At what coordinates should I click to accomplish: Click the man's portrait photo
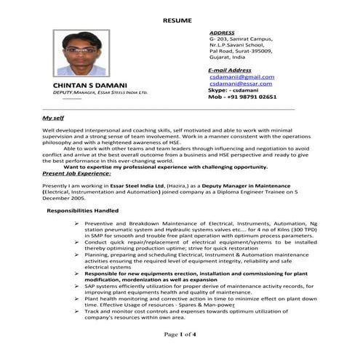79,52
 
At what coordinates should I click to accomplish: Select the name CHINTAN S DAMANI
87,86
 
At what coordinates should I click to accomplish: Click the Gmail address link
241,76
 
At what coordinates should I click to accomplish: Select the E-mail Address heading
230,70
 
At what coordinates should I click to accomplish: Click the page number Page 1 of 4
180,335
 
